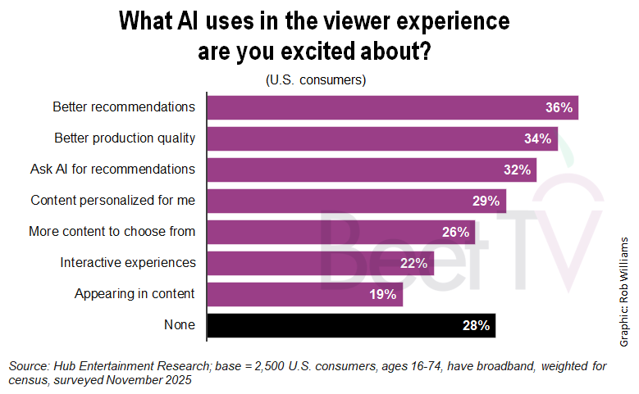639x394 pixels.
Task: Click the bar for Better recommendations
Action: [392, 107]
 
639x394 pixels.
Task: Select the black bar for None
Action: [351, 325]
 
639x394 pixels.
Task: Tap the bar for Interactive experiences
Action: [320, 263]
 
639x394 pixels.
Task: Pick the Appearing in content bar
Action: [304, 294]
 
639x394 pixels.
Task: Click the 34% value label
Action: [537, 138]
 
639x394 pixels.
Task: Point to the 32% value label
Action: [517, 170]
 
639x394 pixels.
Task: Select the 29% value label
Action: [486, 201]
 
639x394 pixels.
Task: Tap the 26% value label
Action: [455, 232]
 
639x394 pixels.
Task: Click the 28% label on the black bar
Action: [476, 325]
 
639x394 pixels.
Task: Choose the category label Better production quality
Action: [125, 138]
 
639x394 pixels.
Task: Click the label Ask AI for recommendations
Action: [112, 169]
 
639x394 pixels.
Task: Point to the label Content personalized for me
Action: [112, 200]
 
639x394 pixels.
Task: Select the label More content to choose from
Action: [112, 231]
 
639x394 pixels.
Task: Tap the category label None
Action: [180, 324]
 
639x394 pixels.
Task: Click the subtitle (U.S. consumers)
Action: [315, 80]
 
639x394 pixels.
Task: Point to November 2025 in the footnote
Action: [148, 381]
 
